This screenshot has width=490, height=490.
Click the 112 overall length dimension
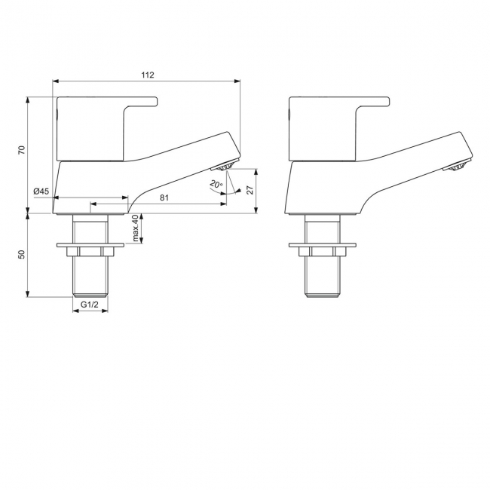click(147, 75)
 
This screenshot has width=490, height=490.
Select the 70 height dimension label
click(23, 149)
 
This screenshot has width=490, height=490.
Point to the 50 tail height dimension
click(23, 254)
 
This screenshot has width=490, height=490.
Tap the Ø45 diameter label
click(41, 192)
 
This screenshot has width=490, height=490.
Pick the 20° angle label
click(216, 184)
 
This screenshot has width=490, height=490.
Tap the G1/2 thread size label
click(90, 305)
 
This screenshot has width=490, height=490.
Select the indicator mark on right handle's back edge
click(288, 114)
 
